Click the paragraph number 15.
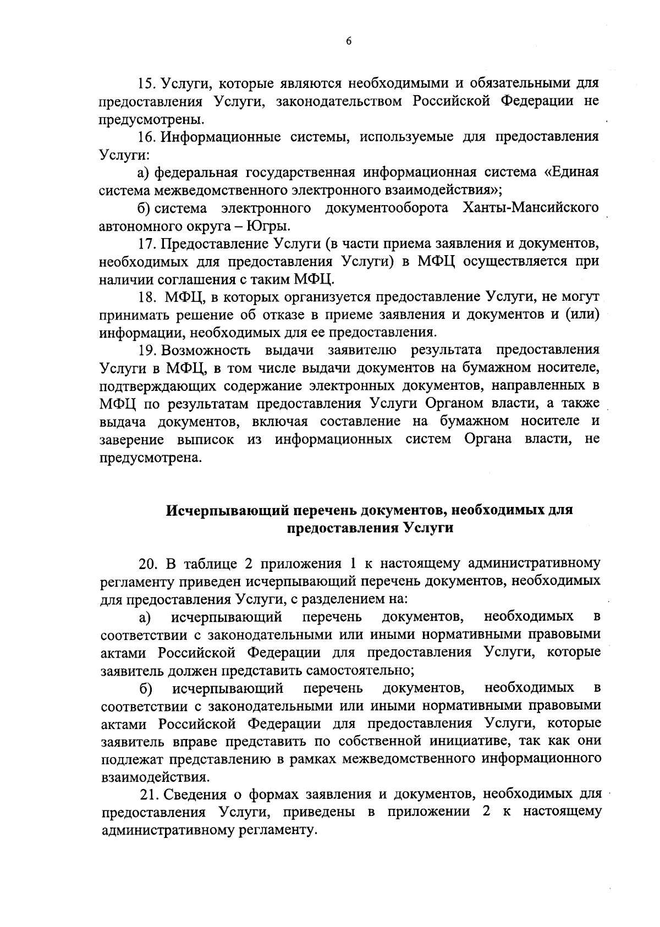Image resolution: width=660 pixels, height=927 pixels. coord(147,84)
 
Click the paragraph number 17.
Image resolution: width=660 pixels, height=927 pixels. coord(147,244)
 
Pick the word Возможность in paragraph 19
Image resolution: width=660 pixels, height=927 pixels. coord(207,351)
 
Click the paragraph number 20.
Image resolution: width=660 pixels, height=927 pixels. coord(147,564)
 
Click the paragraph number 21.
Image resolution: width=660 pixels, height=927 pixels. coord(149,794)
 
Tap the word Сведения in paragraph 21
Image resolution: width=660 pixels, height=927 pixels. coord(201,794)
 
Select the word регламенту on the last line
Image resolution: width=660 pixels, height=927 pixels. coord(276,830)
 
